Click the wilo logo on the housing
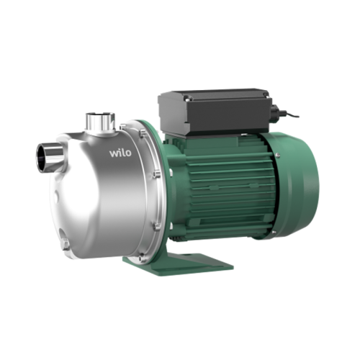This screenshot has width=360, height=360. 120,153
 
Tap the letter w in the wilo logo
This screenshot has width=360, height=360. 114,154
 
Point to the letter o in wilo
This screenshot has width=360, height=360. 128,153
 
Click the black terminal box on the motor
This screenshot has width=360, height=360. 215,111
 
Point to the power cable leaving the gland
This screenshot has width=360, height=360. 292,116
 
